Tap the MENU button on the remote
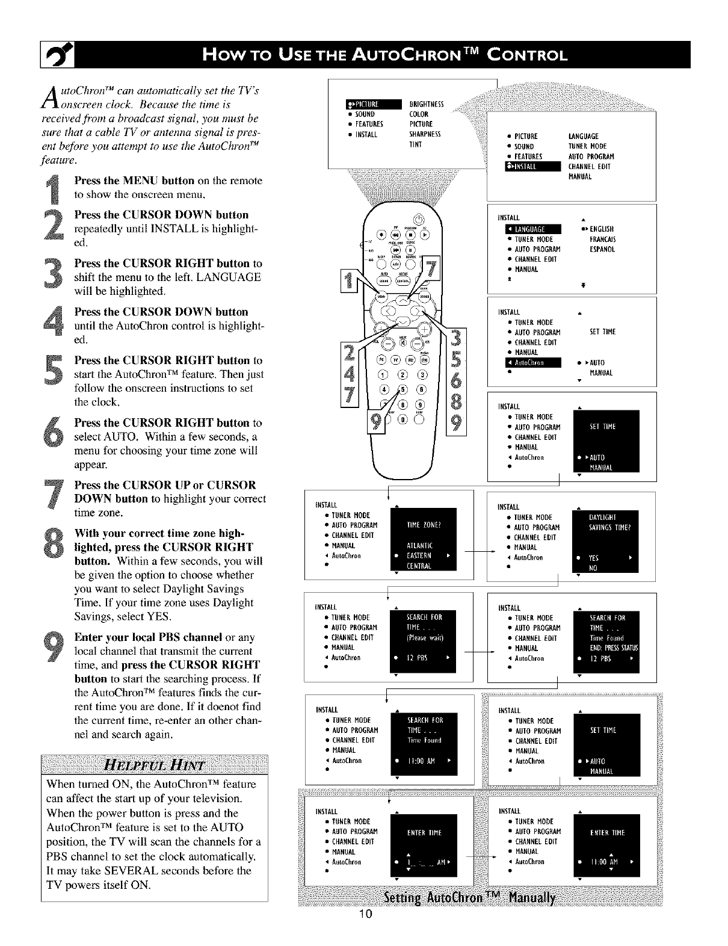381,297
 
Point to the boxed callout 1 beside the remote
348,281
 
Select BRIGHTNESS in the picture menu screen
426,104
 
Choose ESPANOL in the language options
602,249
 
